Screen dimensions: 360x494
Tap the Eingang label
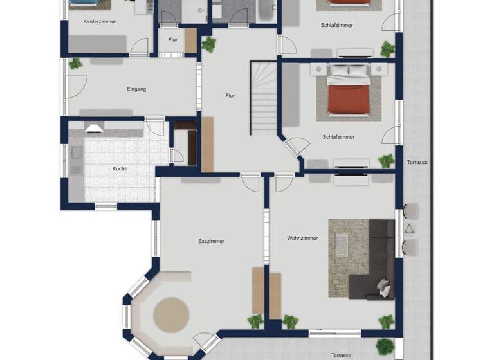136,89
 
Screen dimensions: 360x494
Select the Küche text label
120,168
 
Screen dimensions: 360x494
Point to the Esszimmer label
211,241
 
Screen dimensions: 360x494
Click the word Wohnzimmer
302,238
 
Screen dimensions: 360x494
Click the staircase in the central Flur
263,97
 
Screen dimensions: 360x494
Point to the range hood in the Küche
94,127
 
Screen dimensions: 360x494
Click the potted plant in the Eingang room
76,64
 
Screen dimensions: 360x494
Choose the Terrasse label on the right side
417,163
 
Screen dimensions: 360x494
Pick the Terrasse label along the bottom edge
341,355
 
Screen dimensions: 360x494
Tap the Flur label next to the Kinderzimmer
173,39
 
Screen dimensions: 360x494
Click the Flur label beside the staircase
230,95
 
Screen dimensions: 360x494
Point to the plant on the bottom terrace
385,346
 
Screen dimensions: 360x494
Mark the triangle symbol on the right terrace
409,229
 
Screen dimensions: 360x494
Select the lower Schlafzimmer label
338,137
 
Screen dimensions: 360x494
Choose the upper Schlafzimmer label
336,25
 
